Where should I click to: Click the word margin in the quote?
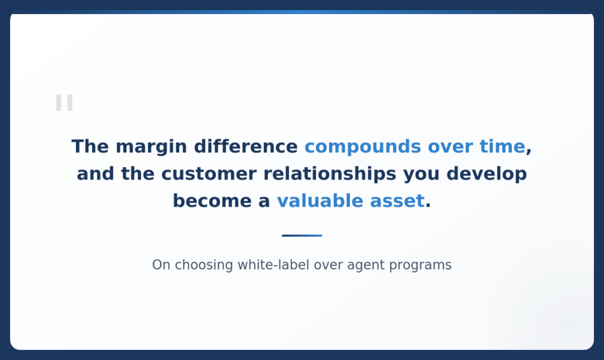pos(152,148)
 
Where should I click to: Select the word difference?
pos(246,146)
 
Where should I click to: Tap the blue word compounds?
pos(363,148)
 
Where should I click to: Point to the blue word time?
pos(503,146)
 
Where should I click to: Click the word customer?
pos(209,174)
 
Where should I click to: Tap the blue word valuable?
pos(320,201)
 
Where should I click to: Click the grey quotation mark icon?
pos(64,103)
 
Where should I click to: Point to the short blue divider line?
pos(302,235)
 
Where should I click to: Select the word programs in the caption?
pos(420,266)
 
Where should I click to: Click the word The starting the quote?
pos(90,146)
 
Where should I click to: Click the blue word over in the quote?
pos(450,148)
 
